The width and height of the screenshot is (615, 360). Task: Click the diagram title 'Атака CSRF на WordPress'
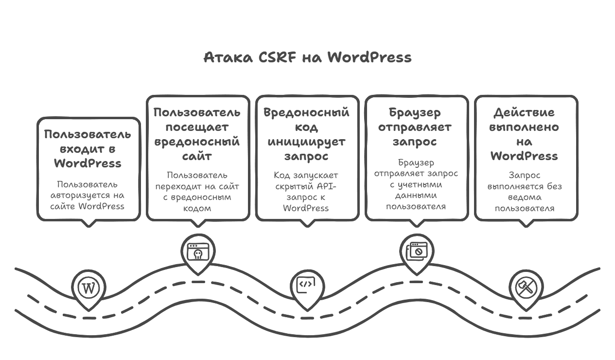[307, 57]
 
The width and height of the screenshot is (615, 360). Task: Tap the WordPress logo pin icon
[88, 288]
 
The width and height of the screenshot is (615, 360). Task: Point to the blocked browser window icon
[416, 251]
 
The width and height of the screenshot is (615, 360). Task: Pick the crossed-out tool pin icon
[526, 287]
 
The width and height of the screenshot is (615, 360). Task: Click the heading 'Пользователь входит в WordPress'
[88, 148]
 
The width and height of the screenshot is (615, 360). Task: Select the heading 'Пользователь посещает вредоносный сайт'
[197, 134]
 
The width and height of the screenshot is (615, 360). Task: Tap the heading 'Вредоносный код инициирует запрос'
[307, 134]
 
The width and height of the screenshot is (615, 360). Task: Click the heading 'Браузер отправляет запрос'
[416, 127]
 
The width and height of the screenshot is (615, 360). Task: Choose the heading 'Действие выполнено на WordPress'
[526, 134]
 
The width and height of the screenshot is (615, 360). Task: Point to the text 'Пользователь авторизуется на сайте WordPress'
[88, 195]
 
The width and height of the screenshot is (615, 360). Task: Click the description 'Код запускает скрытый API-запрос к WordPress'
[307, 192]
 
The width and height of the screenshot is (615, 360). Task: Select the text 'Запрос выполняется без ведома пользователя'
[526, 192]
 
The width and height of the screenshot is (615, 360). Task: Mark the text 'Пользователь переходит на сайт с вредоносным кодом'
[197, 192]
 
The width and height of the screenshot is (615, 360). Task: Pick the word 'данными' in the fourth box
[416, 195]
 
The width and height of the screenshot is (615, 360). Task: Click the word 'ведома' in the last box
[526, 198]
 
